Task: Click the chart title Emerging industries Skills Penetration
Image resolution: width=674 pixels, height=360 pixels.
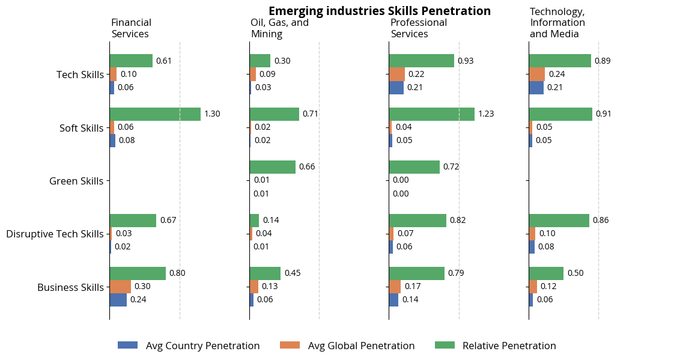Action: (379, 11)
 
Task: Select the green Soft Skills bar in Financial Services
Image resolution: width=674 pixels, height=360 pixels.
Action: (155, 114)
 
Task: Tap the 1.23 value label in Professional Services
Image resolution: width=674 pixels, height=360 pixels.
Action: (485, 114)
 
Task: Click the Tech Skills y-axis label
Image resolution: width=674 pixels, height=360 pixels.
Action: (80, 75)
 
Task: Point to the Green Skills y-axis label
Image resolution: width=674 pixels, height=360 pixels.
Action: (76, 181)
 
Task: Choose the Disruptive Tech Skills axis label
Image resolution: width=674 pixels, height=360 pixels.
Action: (55, 234)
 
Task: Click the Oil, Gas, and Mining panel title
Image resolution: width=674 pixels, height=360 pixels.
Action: (279, 28)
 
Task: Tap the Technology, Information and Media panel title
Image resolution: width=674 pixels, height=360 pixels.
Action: (557, 23)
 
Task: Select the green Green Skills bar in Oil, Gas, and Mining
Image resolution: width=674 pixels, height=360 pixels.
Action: (272, 167)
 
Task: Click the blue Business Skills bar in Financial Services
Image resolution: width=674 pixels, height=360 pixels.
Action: (118, 300)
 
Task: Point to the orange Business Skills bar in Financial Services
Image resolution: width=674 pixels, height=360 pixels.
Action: (120, 287)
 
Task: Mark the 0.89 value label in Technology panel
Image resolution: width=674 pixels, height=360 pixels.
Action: (603, 61)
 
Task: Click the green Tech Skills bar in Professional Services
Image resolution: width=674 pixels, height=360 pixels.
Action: (421, 61)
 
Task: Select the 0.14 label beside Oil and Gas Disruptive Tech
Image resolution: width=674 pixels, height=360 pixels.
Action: (270, 220)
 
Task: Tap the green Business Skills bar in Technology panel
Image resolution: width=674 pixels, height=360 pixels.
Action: (546, 273)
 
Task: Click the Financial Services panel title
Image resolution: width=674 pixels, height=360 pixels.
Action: (130, 28)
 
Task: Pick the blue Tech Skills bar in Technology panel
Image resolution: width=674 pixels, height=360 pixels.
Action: (536, 88)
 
